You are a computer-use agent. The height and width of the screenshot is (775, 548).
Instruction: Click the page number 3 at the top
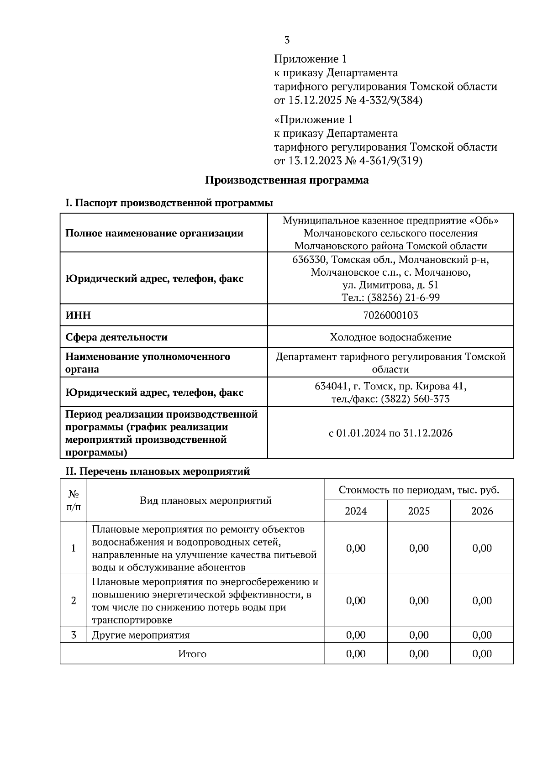(287, 40)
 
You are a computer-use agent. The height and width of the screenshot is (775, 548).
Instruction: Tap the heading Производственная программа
(286, 180)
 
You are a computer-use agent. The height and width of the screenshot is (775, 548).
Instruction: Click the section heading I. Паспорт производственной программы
(169, 203)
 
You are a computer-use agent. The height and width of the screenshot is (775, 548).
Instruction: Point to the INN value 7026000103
(390, 315)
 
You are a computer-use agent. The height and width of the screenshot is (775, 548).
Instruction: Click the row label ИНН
(78, 315)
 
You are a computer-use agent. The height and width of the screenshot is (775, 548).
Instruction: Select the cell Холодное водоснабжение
(390, 337)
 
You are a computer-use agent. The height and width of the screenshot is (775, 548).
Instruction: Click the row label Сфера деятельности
(116, 337)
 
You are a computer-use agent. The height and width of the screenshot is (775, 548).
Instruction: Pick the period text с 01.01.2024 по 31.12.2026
(390, 433)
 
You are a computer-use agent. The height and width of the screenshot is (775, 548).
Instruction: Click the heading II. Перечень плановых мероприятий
(158, 471)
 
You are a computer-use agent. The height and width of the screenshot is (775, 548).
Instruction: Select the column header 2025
(419, 511)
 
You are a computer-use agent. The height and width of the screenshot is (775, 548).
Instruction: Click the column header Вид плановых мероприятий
(205, 501)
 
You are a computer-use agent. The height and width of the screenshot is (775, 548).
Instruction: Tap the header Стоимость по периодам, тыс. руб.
(419, 490)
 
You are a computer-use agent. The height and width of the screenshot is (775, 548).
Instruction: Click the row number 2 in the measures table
(74, 601)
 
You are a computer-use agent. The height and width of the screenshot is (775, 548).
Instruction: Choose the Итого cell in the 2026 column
(482, 654)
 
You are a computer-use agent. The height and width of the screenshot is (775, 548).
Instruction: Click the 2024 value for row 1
(356, 548)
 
